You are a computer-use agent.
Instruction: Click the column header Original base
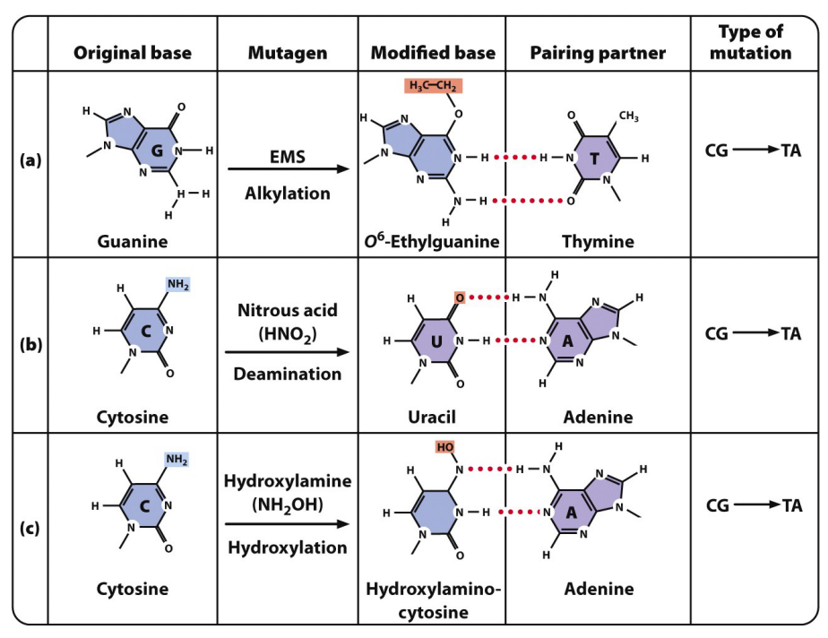tap(132, 53)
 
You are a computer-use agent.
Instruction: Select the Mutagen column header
tap(288, 53)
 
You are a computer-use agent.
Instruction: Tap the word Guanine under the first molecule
tap(133, 241)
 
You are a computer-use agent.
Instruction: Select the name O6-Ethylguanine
tap(433, 241)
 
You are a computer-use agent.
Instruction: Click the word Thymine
tap(598, 241)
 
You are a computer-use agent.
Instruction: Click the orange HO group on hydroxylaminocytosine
tap(446, 447)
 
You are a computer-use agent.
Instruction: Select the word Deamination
tap(288, 374)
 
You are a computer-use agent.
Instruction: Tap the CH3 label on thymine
tap(628, 116)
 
